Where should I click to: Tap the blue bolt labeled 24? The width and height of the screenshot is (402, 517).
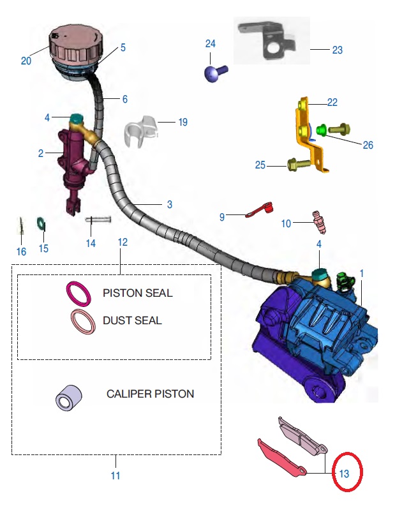point(213,73)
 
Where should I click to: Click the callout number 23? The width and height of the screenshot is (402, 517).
point(337,49)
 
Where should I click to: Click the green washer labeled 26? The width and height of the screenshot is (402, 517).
point(322,131)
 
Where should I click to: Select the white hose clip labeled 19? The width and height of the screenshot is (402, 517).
point(141,130)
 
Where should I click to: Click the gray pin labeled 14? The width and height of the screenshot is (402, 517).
point(98,220)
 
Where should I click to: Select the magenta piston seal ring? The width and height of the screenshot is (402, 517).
point(78,294)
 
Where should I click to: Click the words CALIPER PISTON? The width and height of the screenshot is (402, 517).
point(150,394)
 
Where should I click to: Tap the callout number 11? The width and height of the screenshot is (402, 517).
point(116,476)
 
